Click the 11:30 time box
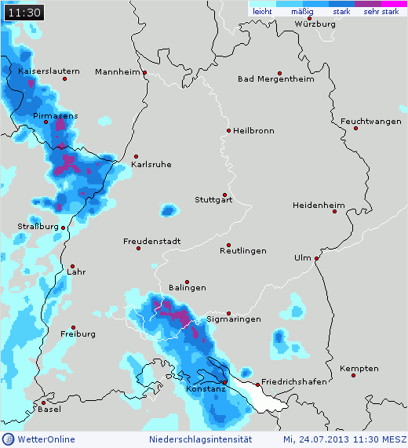(x=24, y=12)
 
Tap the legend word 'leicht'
(x=262, y=12)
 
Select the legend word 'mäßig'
(x=301, y=12)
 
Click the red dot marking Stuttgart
(x=224, y=195)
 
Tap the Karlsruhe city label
(x=151, y=164)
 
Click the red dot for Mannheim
(x=145, y=73)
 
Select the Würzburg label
(x=315, y=24)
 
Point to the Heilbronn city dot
(x=228, y=130)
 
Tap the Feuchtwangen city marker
(x=355, y=128)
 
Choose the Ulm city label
(x=302, y=258)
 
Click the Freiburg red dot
(x=73, y=327)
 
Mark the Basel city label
(x=49, y=409)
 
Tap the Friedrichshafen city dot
(x=259, y=384)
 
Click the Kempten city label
(x=359, y=368)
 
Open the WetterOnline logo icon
(x=9, y=439)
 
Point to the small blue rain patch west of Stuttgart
(x=168, y=209)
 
